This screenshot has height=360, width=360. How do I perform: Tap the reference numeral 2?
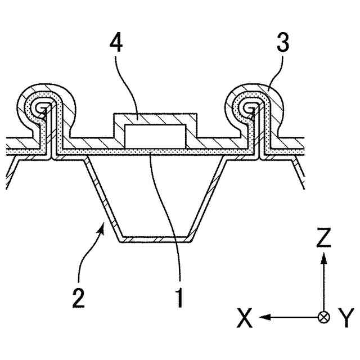tap(79, 297)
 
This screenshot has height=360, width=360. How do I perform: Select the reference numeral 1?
tap(179, 297)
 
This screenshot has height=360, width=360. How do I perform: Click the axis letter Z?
tap(323, 238)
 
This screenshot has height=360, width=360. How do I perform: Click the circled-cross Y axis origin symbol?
tap(323, 317)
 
